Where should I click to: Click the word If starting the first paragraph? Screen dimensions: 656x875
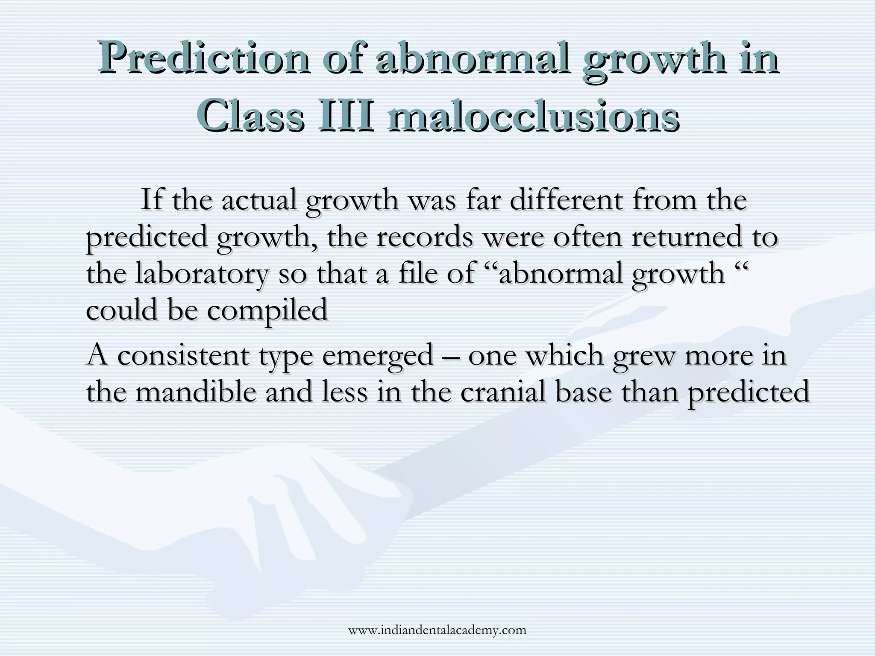click(x=151, y=199)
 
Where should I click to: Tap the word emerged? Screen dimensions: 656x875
click(x=378, y=355)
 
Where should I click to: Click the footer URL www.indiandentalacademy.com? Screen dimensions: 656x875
click(x=437, y=630)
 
